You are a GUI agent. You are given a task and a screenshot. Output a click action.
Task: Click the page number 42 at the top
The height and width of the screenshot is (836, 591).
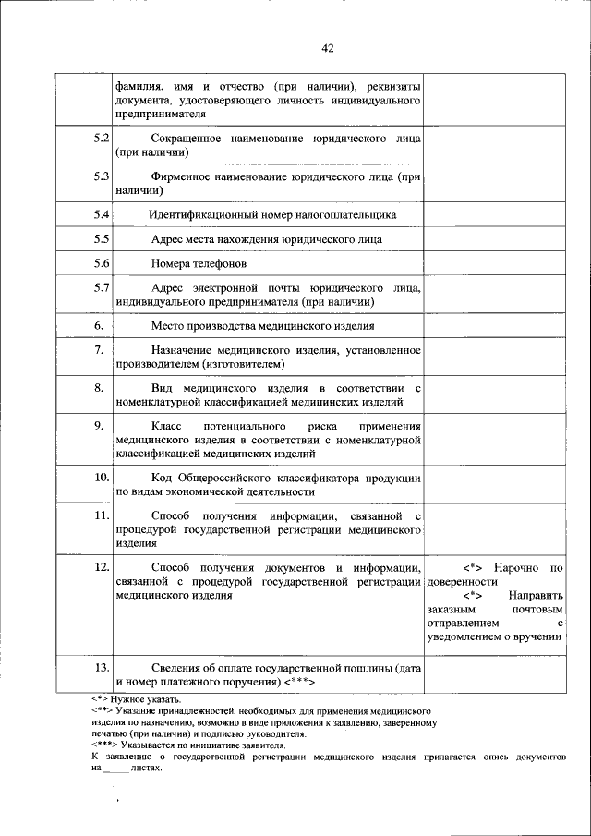point(328,48)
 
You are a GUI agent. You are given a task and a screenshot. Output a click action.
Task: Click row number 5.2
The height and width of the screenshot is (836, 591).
point(102,139)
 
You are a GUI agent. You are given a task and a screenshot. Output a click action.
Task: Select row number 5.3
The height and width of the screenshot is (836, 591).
point(102,176)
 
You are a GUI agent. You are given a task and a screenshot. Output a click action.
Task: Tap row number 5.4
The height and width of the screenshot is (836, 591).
point(102,214)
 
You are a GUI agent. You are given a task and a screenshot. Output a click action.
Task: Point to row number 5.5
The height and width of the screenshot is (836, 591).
point(102,238)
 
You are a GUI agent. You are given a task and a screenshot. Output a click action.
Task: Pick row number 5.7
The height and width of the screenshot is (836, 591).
point(102,287)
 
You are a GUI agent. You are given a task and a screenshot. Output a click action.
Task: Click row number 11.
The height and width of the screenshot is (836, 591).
point(102,515)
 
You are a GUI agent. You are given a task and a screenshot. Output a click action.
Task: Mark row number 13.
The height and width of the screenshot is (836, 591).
point(102,667)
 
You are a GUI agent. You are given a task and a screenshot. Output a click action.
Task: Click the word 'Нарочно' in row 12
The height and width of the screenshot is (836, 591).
point(518,566)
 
